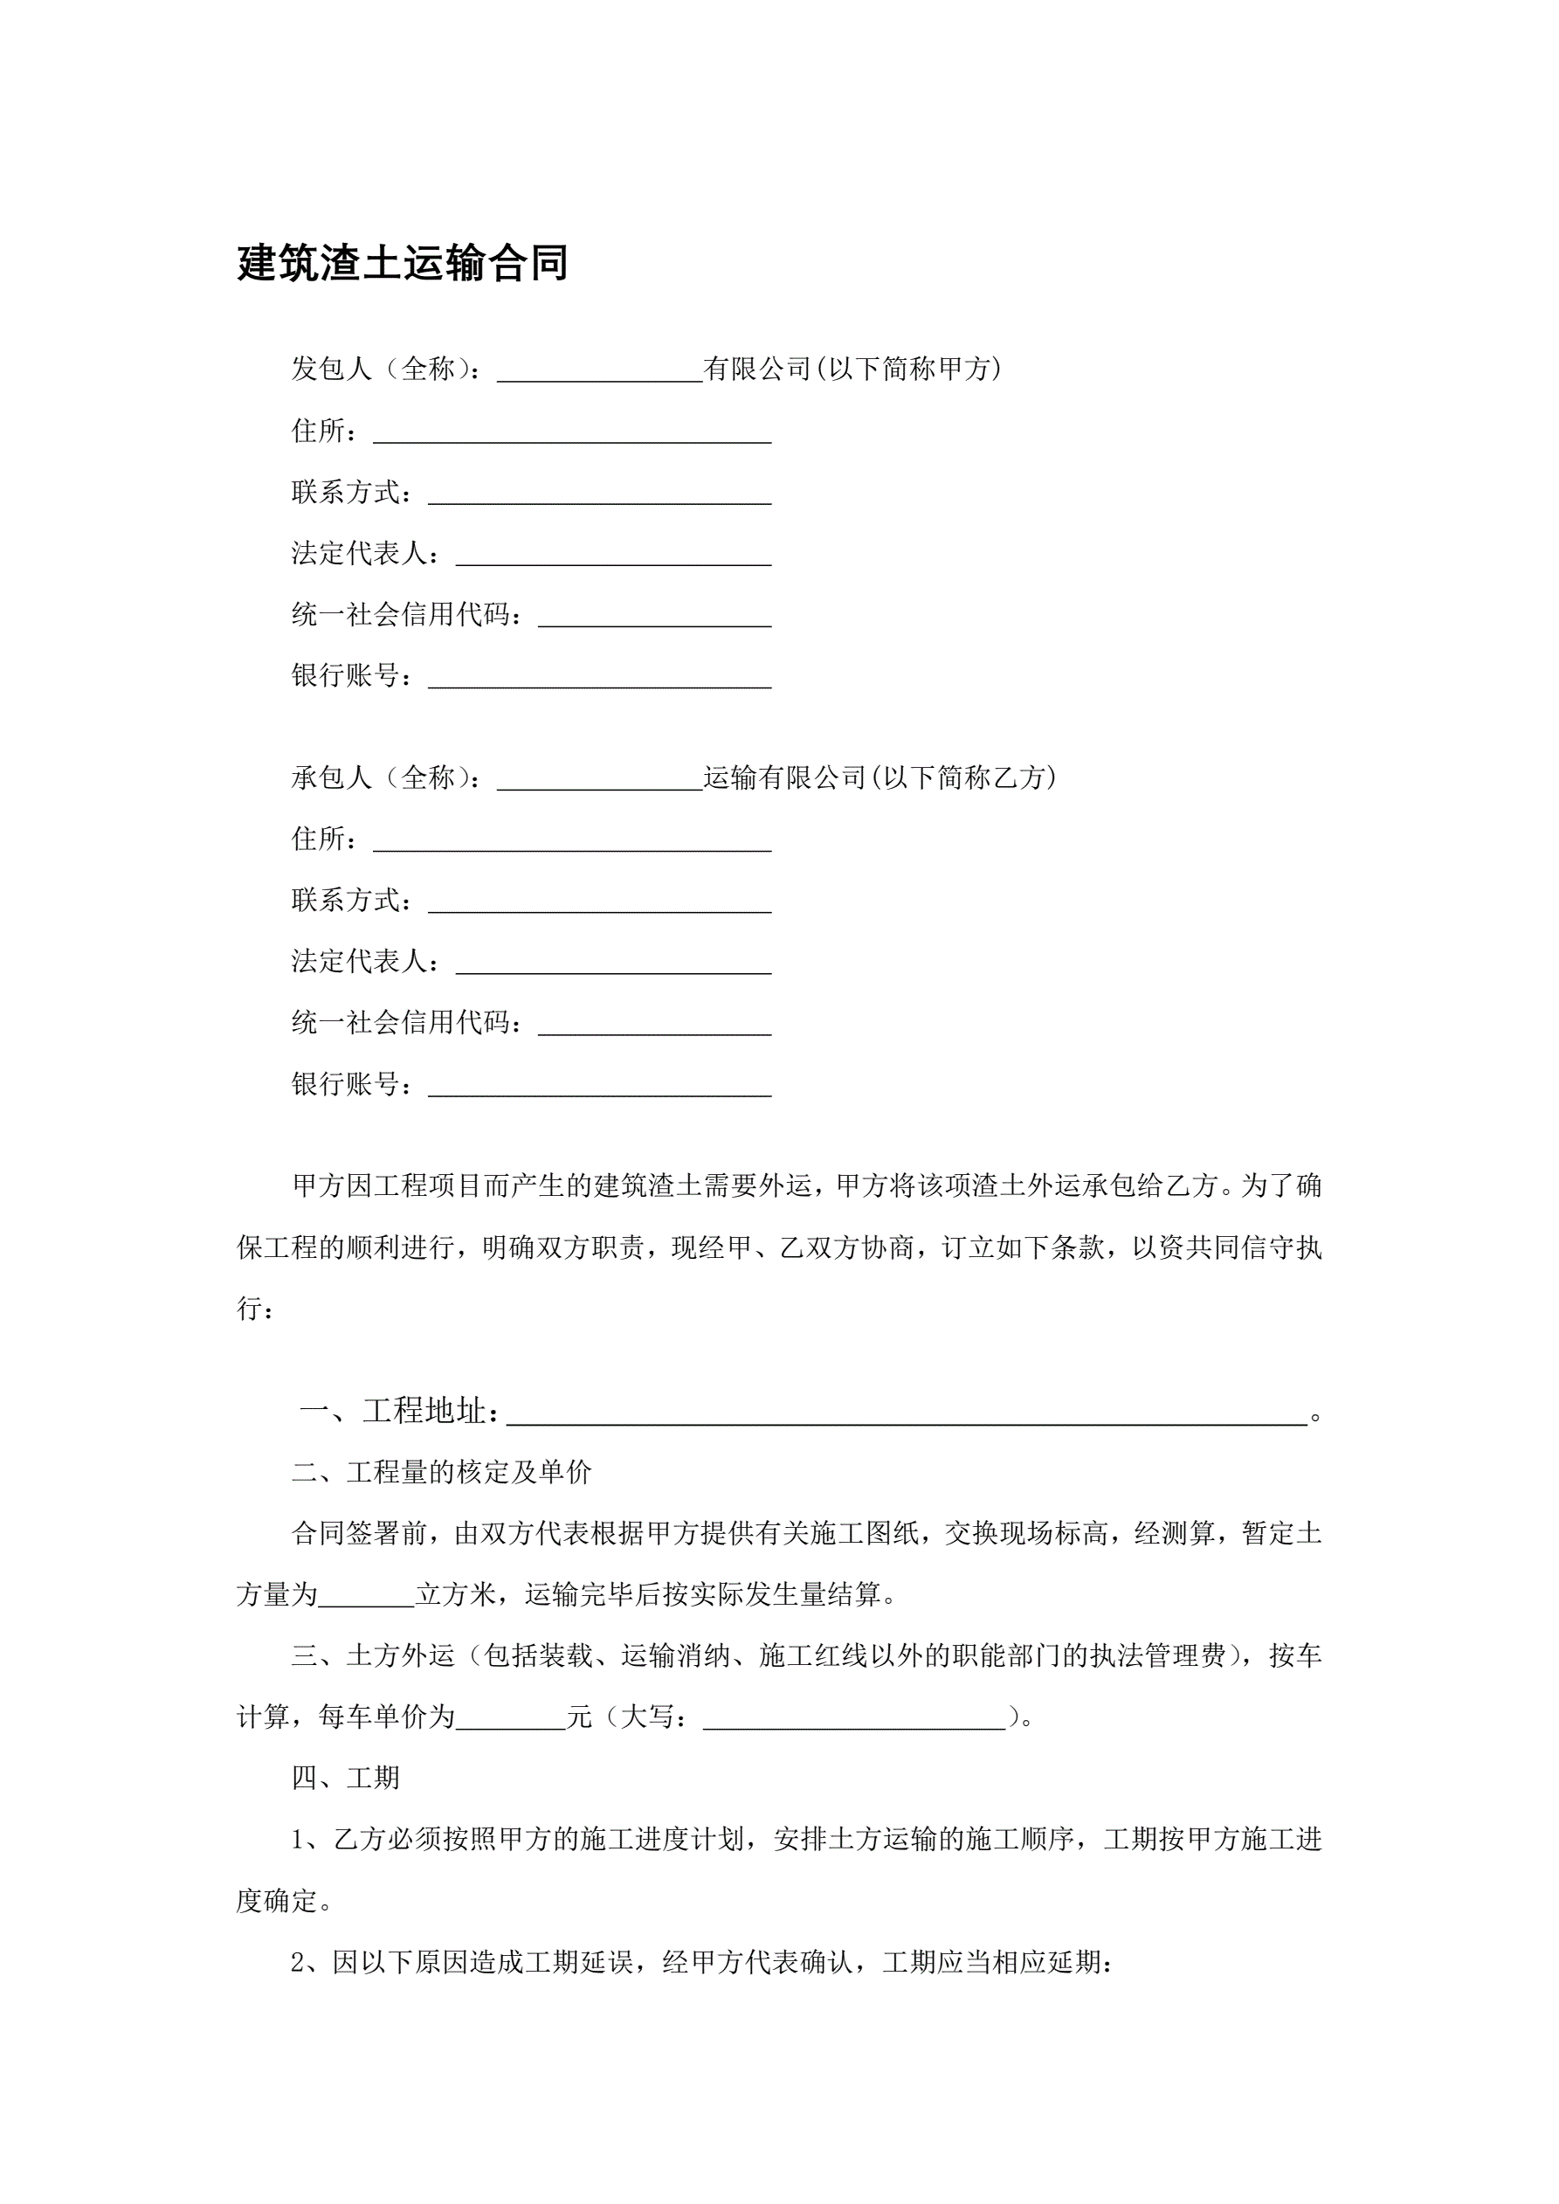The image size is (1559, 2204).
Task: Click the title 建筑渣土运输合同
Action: coord(403,263)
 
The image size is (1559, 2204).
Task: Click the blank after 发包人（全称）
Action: coord(599,370)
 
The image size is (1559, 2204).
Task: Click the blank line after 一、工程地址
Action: coord(907,1413)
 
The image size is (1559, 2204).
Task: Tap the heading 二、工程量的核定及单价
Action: coord(442,1473)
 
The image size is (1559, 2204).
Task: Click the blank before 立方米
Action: coord(366,1594)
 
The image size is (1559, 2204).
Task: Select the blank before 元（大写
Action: coord(511,1717)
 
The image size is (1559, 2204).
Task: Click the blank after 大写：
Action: coord(854,1717)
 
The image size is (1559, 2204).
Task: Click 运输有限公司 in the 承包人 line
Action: coord(784,777)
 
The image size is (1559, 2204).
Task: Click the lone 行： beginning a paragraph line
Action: coord(255,1309)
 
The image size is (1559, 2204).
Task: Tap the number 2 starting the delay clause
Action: coord(298,1962)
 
